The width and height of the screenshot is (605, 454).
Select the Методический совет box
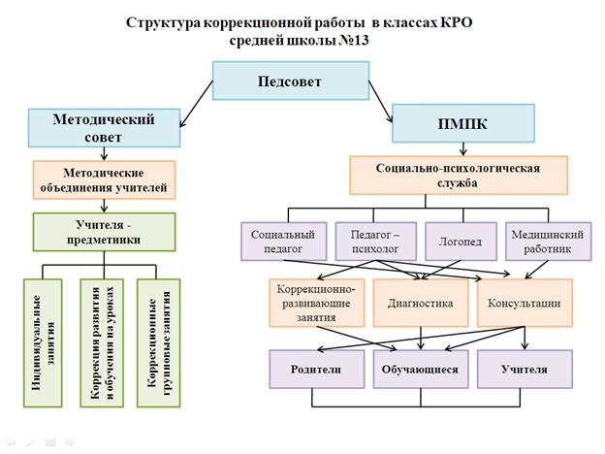106,126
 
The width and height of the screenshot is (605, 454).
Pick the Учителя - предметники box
104,233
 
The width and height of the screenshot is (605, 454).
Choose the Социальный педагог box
282,242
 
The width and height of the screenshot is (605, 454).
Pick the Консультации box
524,303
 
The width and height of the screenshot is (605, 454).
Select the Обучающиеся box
422,371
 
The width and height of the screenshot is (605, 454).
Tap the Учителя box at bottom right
524,371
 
